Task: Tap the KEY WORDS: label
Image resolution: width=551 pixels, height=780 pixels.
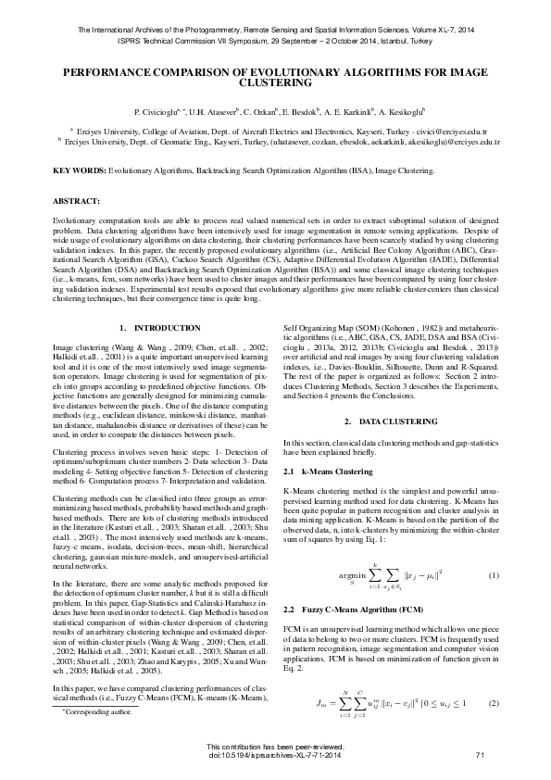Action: click(x=79, y=171)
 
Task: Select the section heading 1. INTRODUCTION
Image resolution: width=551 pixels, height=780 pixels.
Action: click(x=160, y=328)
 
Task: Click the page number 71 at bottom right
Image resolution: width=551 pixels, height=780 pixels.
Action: click(x=480, y=756)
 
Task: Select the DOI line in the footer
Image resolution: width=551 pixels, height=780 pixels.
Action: click(x=275, y=756)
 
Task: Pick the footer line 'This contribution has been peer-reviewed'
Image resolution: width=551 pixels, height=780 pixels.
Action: click(x=275, y=747)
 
